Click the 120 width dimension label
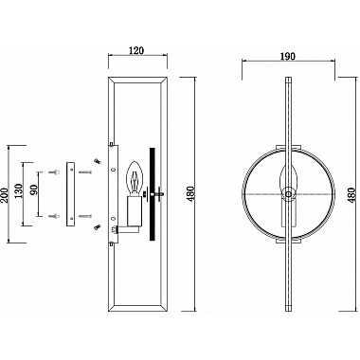pos(136,50)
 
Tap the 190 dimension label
pos(288,56)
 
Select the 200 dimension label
pos(5,195)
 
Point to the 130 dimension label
pos(19,191)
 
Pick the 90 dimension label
pos(34,189)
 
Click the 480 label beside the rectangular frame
pos(191,194)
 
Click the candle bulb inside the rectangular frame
pos(135,177)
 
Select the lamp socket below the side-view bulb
pos(134,211)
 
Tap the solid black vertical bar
pos(153,194)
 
